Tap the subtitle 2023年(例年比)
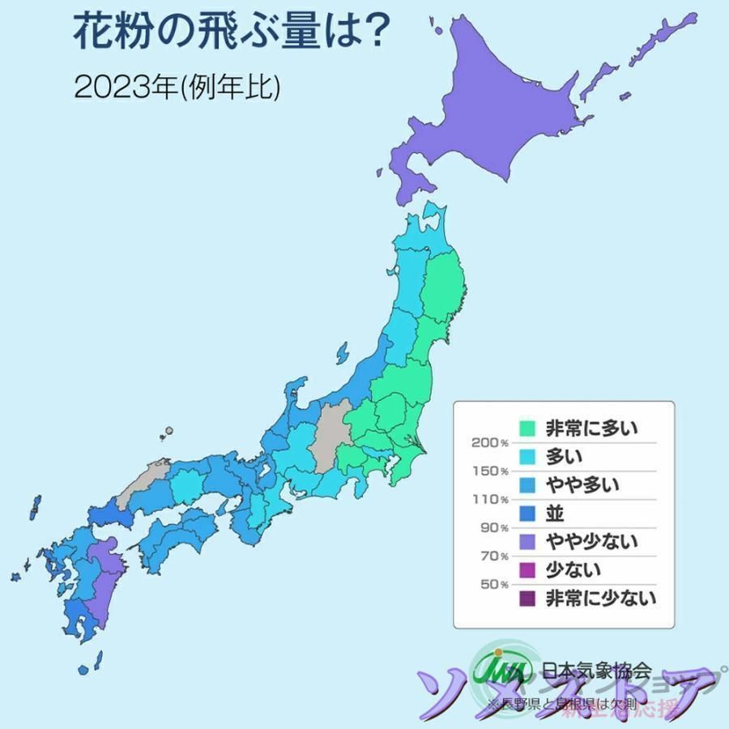pos(177,87)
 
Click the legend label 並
pos(555,513)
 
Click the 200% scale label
pos(488,442)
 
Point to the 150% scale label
pos(488,471)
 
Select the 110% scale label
pos(488,499)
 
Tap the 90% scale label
pos(492,528)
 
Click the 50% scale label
pos(492,584)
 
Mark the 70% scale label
pos(492,556)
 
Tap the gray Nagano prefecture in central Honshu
pos(328,437)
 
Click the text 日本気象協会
pos(596,669)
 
